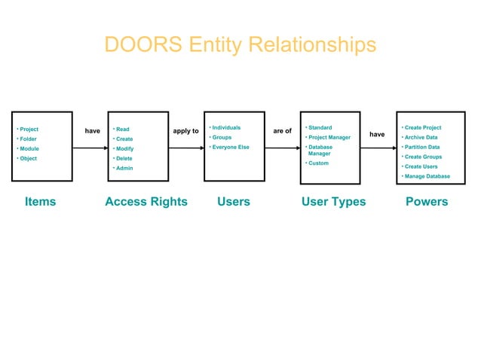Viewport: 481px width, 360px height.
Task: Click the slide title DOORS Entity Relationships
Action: pyautogui.click(x=240, y=44)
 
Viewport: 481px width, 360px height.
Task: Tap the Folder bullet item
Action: pyautogui.click(x=28, y=139)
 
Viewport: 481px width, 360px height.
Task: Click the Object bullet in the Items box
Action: pyautogui.click(x=28, y=159)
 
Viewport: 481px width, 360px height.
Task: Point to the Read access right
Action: pyautogui.click(x=122, y=130)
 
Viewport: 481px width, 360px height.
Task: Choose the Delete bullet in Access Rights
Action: pyautogui.click(x=124, y=159)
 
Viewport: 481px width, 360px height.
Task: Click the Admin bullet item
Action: pyautogui.click(x=124, y=169)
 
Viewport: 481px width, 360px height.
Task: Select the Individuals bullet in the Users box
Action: pyautogui.click(x=226, y=128)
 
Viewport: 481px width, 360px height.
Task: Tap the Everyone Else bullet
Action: pyautogui.click(x=230, y=148)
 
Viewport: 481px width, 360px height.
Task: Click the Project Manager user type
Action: pyautogui.click(x=329, y=138)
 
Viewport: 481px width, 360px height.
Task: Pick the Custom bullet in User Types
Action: pyautogui.click(x=318, y=163)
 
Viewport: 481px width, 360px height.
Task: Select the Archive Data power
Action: pyautogui.click(x=421, y=138)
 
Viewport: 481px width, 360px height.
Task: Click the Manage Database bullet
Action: pyautogui.click(x=427, y=177)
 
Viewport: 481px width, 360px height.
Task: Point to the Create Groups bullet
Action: pyautogui.click(x=423, y=157)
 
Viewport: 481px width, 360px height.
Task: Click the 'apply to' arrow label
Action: pyautogui.click(x=186, y=131)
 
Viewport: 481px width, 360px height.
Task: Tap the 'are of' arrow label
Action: pyautogui.click(x=282, y=131)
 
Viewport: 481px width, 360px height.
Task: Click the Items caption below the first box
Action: pyautogui.click(x=40, y=202)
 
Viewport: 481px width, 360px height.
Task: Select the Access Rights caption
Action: pyautogui.click(x=146, y=202)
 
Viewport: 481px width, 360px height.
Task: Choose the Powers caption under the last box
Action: pyautogui.click(x=427, y=202)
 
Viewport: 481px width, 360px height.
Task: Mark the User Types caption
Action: pyautogui.click(x=333, y=202)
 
